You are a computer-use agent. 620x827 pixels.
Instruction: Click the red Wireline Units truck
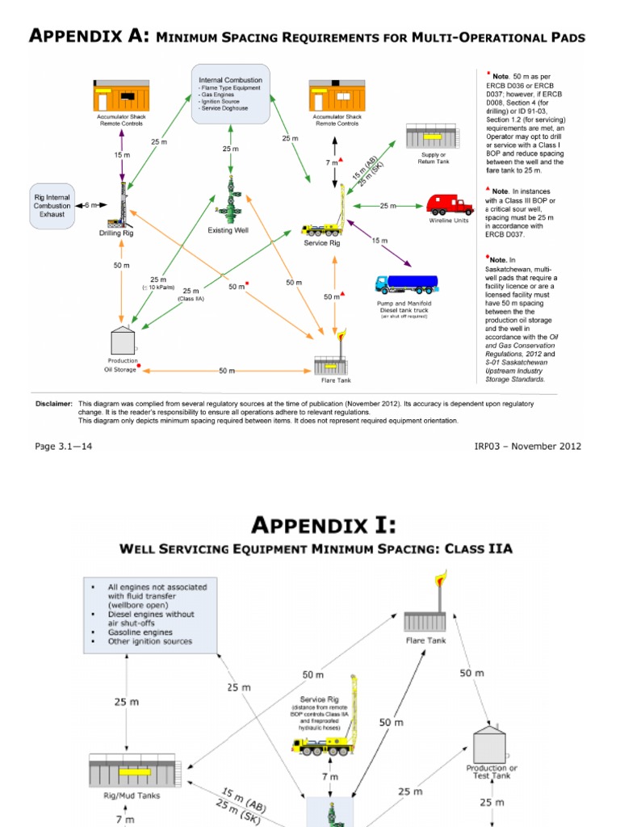click(450, 204)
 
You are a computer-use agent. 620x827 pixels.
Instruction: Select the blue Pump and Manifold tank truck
click(407, 284)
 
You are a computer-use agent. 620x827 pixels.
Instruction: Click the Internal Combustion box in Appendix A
click(231, 95)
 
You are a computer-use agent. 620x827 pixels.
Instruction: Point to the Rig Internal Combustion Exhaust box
click(52, 206)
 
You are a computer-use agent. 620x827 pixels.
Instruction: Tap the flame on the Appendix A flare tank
click(342, 335)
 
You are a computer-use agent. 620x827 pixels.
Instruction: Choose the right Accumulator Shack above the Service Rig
click(337, 97)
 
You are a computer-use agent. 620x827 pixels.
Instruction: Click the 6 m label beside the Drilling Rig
click(90, 205)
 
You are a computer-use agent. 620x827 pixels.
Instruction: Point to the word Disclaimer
click(54, 402)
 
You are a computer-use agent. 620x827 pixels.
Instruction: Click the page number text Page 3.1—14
click(64, 446)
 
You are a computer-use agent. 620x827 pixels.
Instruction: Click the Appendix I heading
click(324, 526)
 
